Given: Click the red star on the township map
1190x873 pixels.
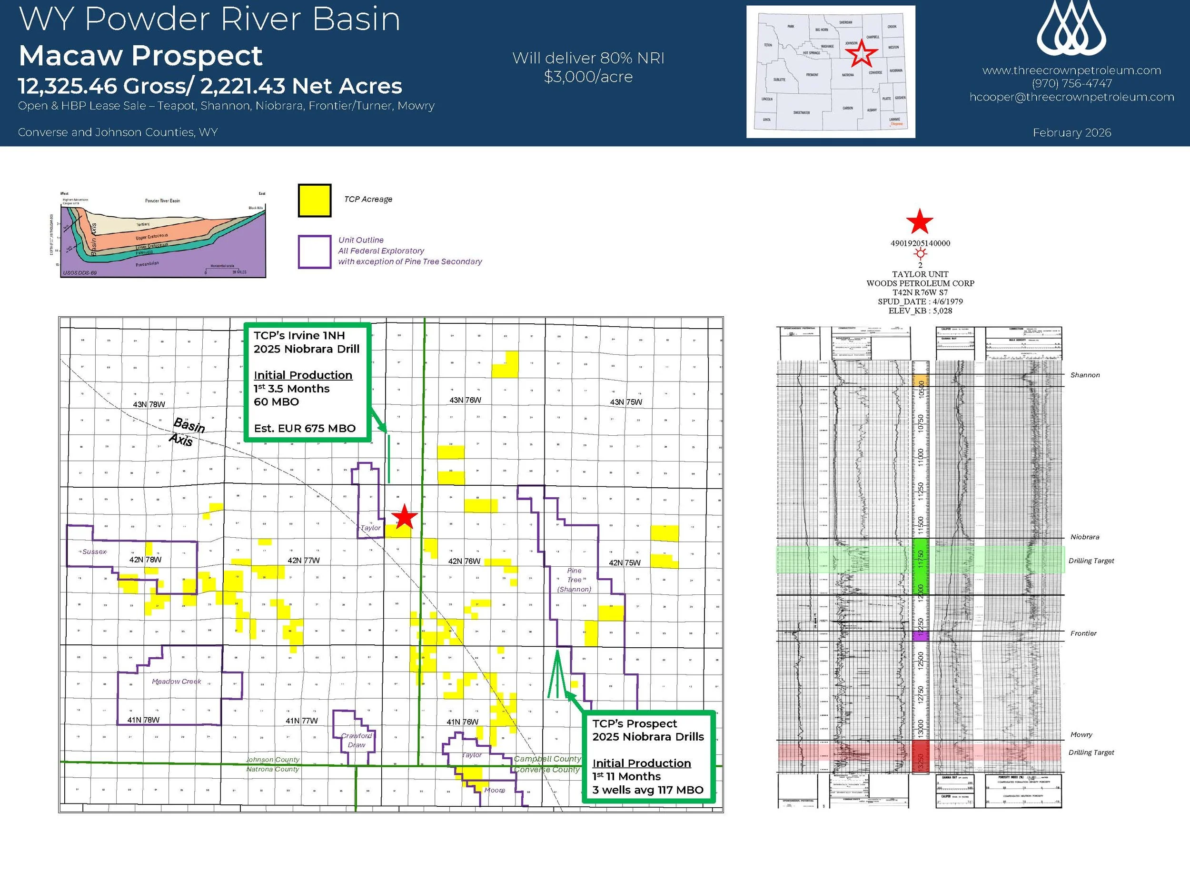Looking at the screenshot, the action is [405, 517].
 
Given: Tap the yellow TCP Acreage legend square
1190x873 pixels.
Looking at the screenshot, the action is [314, 201].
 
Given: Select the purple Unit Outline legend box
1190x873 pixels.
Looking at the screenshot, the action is [314, 251].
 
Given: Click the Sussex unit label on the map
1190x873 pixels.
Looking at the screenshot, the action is [95, 552].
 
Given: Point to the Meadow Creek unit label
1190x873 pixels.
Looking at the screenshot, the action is [177, 682].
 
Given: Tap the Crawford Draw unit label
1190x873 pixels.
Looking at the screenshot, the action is [357, 740].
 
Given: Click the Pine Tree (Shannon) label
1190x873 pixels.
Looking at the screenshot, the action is [574, 580].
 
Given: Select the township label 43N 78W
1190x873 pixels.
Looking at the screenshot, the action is [149, 405].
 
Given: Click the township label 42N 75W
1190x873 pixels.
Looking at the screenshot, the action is [625, 563].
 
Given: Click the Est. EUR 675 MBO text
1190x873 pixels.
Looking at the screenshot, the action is [305, 429].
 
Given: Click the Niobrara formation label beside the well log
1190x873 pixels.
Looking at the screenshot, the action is [1084, 537].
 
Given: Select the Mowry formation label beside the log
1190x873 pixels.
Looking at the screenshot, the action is [1081, 734].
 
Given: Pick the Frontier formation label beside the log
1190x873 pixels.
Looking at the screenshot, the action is [1083, 633].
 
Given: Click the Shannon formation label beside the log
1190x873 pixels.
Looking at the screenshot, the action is [1085, 375].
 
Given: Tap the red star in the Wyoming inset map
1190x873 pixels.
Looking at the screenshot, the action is [861, 53].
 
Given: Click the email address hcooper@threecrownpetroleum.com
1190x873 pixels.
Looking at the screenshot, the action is [1071, 97].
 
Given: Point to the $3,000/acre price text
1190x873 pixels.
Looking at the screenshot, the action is [588, 77].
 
